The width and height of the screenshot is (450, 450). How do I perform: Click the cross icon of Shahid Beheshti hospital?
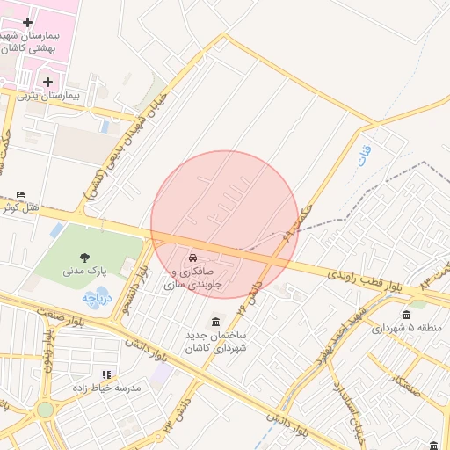pyautogui.click(x=27, y=21)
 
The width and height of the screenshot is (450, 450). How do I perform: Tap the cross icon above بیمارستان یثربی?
pyautogui.click(x=47, y=82)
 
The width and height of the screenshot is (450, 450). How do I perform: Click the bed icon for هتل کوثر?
pyautogui.click(x=22, y=195)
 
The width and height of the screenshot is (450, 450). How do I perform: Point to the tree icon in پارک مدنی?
pyautogui.click(x=84, y=257)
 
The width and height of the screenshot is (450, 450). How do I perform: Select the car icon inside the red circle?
pyautogui.click(x=192, y=258)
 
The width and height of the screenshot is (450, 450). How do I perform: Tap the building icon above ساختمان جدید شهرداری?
pyautogui.click(x=216, y=322)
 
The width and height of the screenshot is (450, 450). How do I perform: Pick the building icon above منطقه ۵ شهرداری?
pyautogui.click(x=405, y=315)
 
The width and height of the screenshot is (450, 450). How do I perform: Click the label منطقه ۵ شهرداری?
pyautogui.click(x=405, y=328)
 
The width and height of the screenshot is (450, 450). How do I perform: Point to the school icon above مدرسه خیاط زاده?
pyautogui.click(x=106, y=374)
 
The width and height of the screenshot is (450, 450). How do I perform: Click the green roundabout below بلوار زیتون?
pyautogui.click(x=45, y=409)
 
